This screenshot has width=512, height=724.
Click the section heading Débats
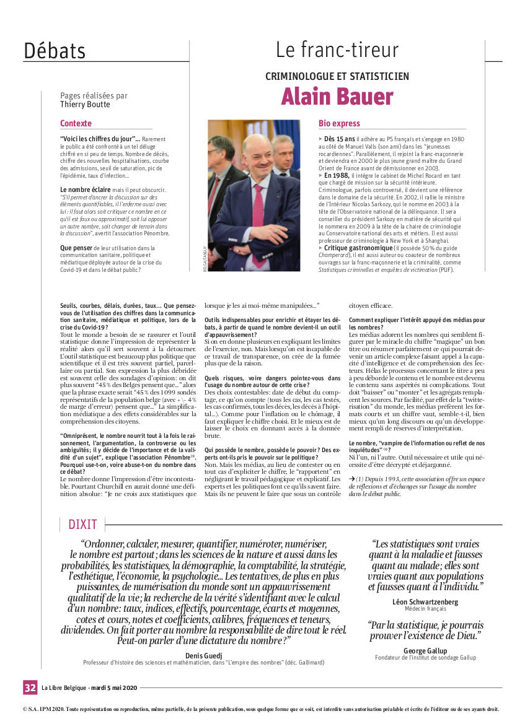tap(55, 50)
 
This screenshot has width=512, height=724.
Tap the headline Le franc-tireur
tap(337, 50)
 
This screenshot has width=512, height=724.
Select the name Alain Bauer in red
tap(337, 97)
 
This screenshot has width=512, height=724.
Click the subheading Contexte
tap(76, 123)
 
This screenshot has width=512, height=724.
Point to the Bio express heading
tap(339, 123)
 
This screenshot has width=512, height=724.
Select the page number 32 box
tap(30, 687)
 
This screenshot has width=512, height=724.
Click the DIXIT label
tap(82, 525)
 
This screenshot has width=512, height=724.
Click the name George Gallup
tap(425, 651)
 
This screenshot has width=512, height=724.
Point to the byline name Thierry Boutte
tap(85, 105)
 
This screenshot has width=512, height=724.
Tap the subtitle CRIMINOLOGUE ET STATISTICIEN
tap(337, 76)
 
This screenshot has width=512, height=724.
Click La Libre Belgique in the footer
tap(65, 687)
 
